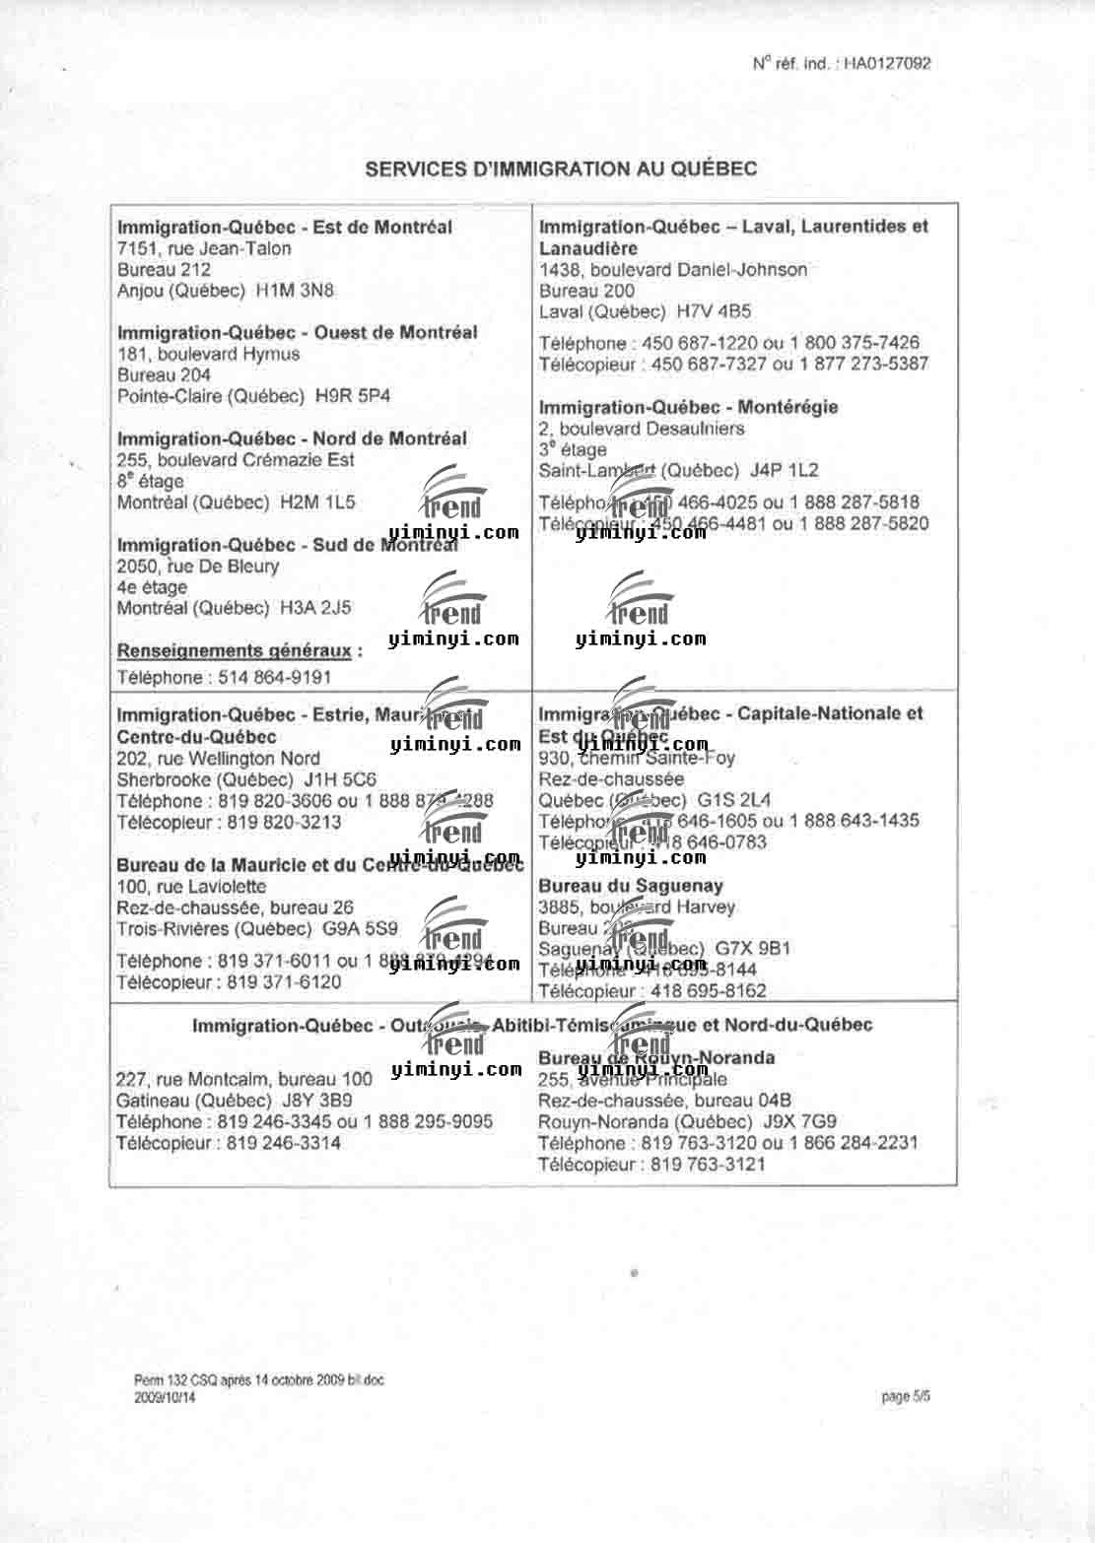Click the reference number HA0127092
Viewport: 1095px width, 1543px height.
(887, 64)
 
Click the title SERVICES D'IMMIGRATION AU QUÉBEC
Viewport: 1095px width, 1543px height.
(561, 168)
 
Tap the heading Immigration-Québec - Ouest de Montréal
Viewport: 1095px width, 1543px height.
(297, 333)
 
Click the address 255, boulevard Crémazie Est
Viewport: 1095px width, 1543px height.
(236, 460)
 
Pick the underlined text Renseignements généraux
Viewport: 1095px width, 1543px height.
(234, 651)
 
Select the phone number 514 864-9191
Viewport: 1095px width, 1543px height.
(270, 678)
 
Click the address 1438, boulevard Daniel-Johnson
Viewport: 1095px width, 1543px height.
(673, 270)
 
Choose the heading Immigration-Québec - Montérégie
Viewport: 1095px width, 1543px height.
(688, 407)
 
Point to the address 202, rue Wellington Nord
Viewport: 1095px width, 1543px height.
(218, 759)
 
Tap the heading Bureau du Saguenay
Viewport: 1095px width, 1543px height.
(630, 886)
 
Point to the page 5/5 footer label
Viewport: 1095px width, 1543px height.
(907, 1396)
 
